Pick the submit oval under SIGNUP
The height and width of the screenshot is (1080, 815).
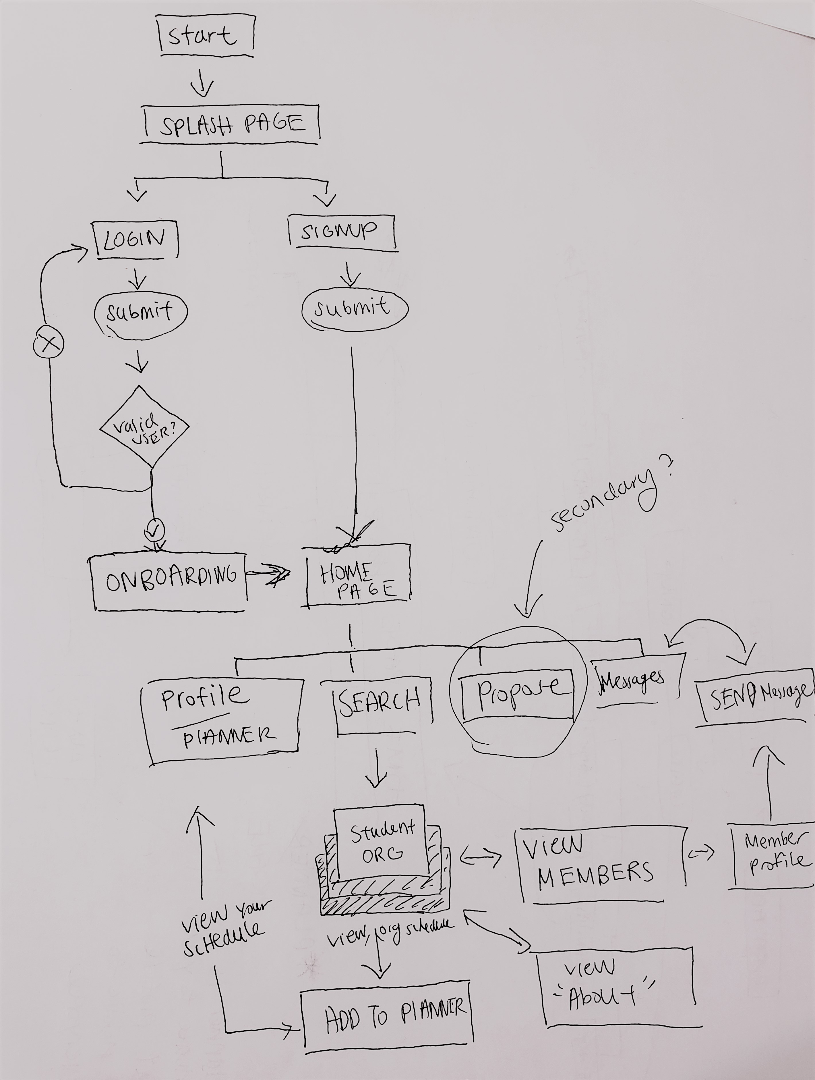(x=354, y=308)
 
